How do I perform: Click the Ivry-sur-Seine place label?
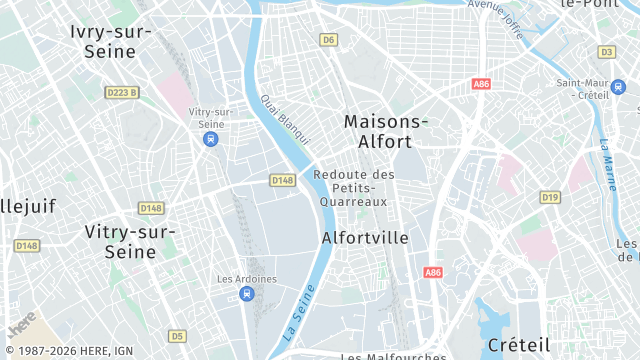[110, 41]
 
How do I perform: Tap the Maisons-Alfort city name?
[386, 131]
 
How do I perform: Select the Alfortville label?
[366, 238]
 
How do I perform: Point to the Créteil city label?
[519, 345]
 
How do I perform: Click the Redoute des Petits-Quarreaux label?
[354, 188]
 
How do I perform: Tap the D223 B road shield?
[121, 93]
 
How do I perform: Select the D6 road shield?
[329, 40]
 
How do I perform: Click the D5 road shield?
[177, 335]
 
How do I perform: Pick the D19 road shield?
[550, 197]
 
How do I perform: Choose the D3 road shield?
[606, 51]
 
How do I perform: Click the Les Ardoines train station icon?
[247, 293]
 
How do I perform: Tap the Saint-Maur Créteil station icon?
[617, 87]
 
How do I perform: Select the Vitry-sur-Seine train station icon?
[210, 139]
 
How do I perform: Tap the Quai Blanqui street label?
[285, 119]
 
